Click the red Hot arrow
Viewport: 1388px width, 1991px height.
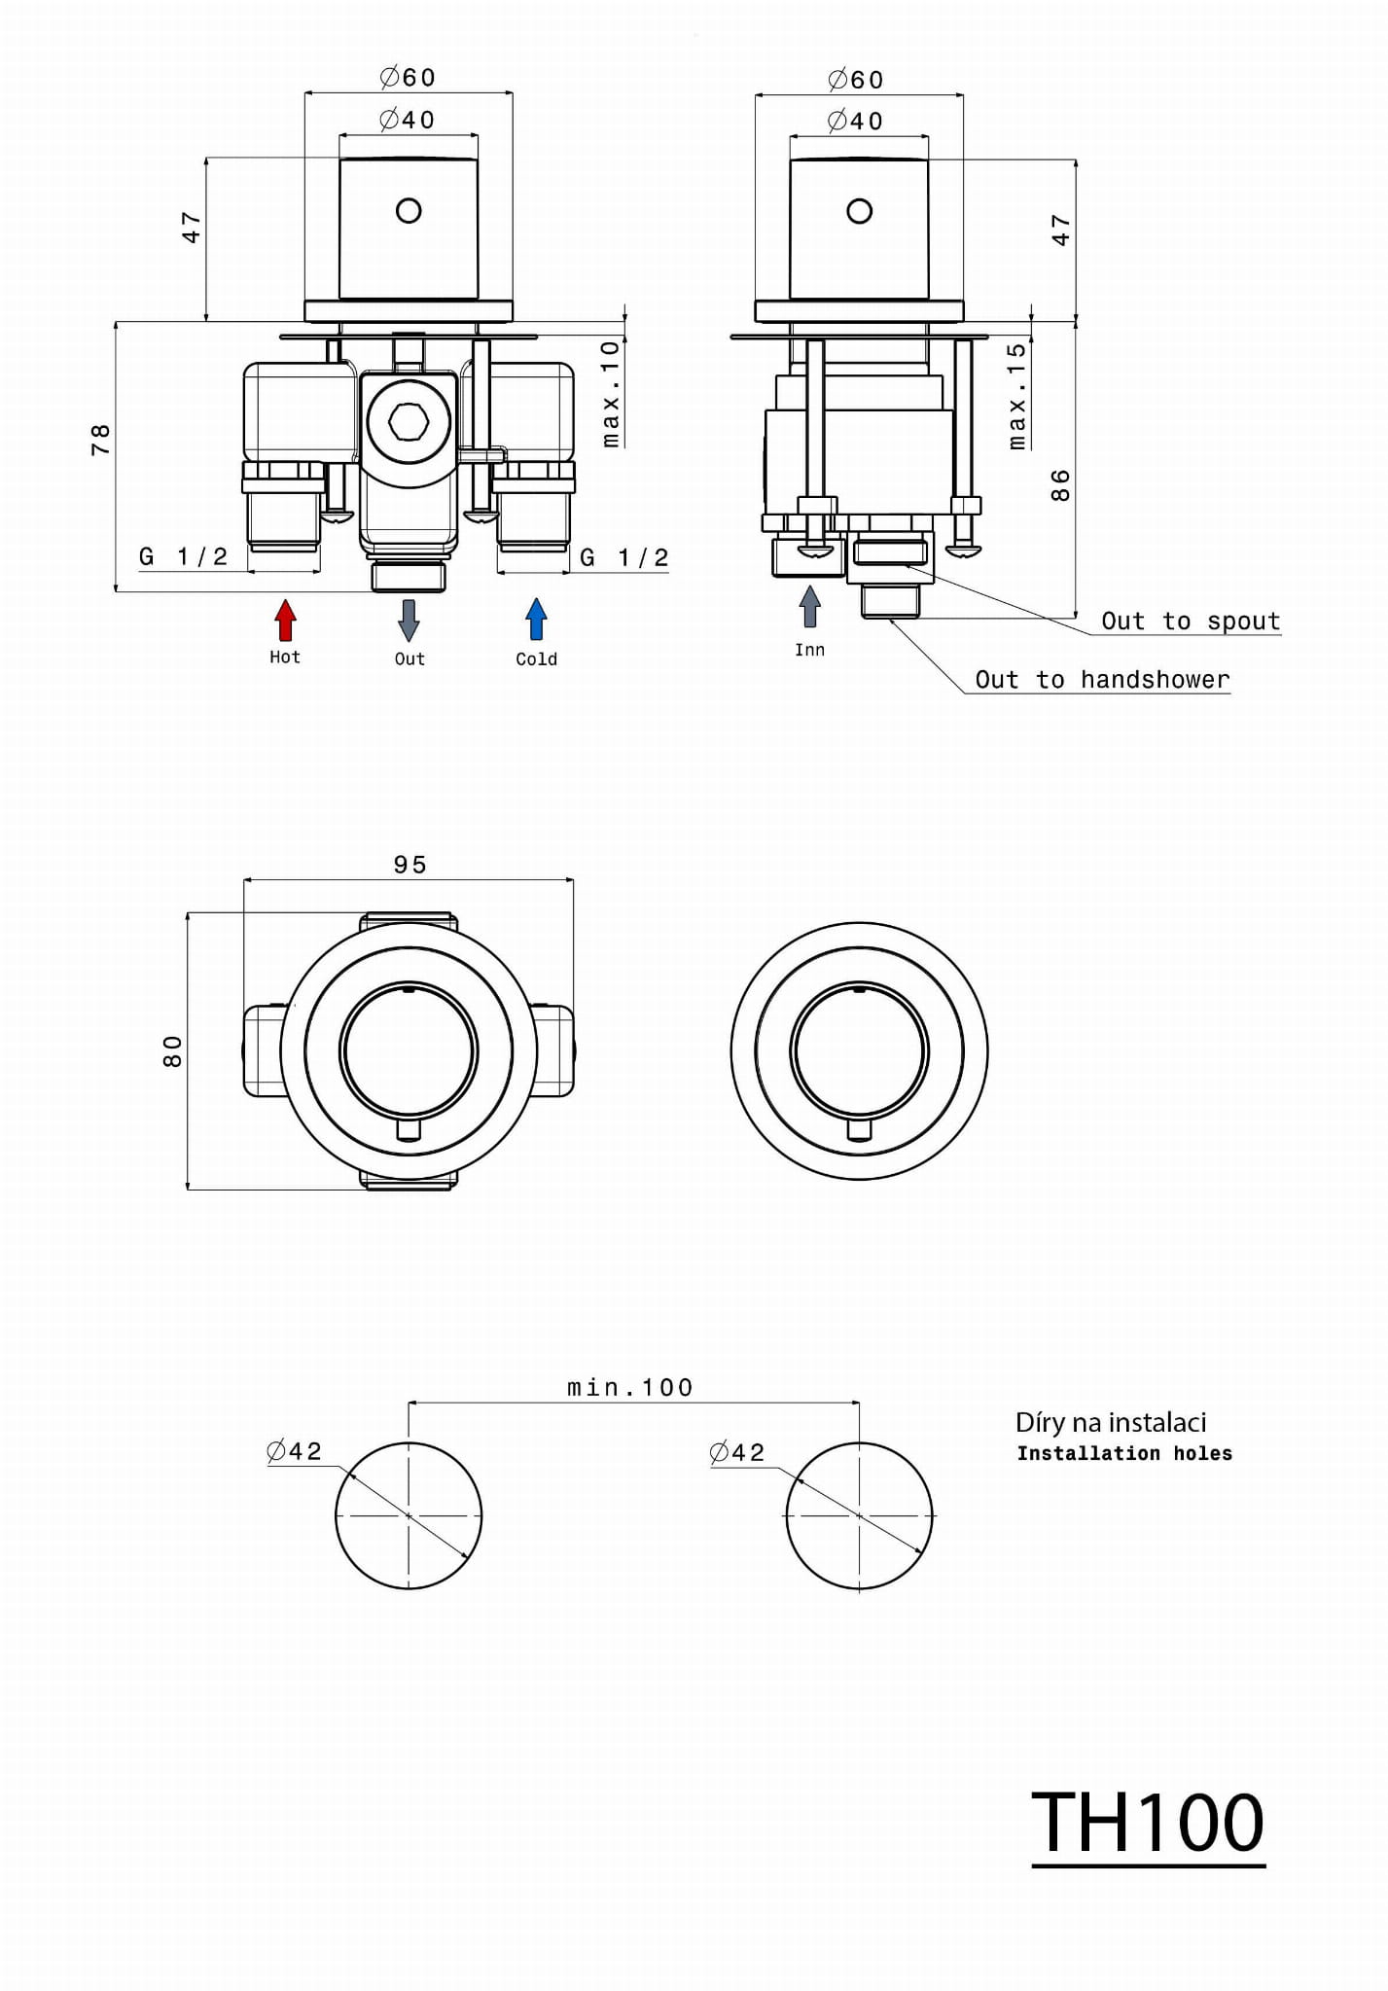pyautogui.click(x=285, y=620)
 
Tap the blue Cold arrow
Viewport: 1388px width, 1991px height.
pyautogui.click(x=536, y=620)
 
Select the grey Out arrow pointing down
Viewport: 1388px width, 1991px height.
pyautogui.click(x=409, y=620)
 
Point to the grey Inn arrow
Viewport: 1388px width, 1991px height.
pyautogui.click(x=809, y=607)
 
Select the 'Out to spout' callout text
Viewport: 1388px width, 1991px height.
pyautogui.click(x=1191, y=622)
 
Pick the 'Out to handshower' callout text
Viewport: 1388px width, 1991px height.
pyautogui.click(x=1102, y=680)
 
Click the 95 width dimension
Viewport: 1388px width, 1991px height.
pyautogui.click(x=410, y=865)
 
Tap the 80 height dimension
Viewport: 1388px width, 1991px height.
pyautogui.click(x=172, y=1051)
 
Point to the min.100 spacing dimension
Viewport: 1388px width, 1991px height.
pyautogui.click(x=630, y=1388)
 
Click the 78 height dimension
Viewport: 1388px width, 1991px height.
pyautogui.click(x=100, y=440)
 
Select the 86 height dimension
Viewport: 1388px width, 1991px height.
pyautogui.click(x=1060, y=484)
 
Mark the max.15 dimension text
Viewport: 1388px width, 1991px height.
pyautogui.click(x=1017, y=395)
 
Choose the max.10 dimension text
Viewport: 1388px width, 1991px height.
pyautogui.click(x=610, y=393)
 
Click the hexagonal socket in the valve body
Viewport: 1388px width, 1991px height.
pyautogui.click(x=409, y=422)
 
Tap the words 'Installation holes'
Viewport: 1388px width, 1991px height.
pyautogui.click(x=1124, y=1454)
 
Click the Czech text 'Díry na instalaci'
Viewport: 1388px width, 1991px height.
pyautogui.click(x=1111, y=1423)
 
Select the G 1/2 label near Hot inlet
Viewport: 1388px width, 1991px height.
pyautogui.click(x=184, y=557)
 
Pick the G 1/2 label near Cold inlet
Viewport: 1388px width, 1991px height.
pyautogui.click(x=624, y=558)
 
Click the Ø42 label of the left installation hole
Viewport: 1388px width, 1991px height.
pyautogui.click(x=294, y=1452)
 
